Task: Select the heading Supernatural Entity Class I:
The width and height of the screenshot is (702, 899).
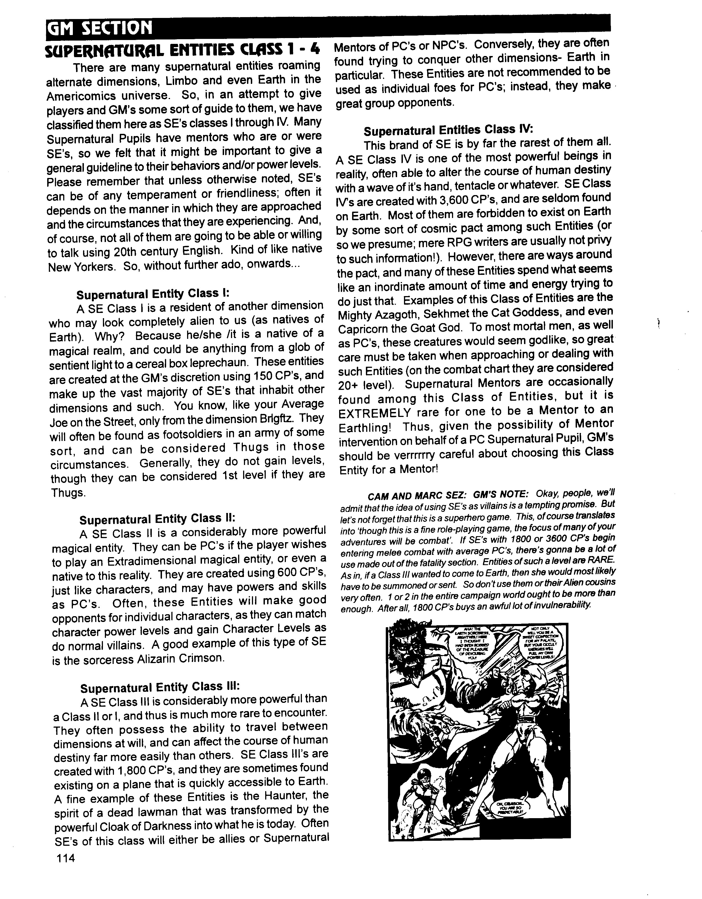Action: pyautogui.click(x=152, y=294)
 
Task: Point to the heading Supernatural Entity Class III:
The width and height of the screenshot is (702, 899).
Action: pyautogui.click(x=160, y=687)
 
